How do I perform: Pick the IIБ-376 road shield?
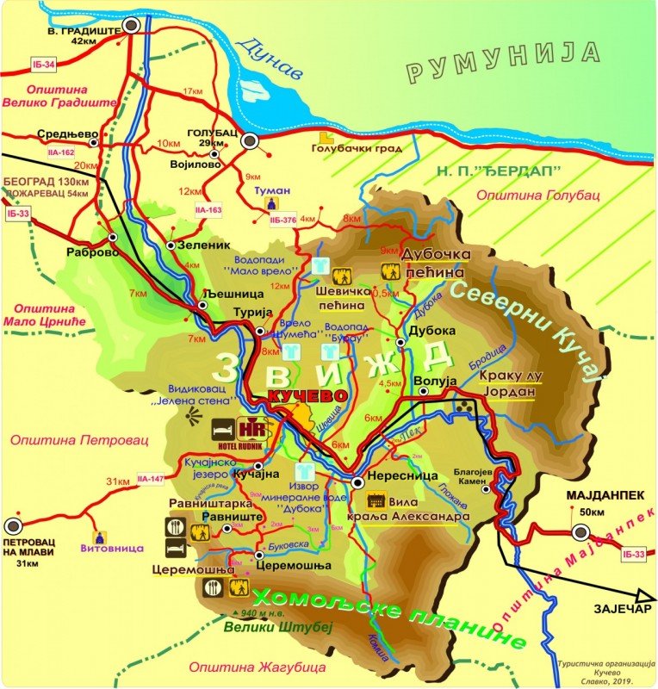point(283,220)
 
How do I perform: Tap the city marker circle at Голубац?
point(250,141)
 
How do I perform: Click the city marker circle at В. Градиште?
point(131,27)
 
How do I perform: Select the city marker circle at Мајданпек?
point(580,532)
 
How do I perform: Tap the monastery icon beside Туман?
point(273,203)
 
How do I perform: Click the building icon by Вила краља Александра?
point(376,500)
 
